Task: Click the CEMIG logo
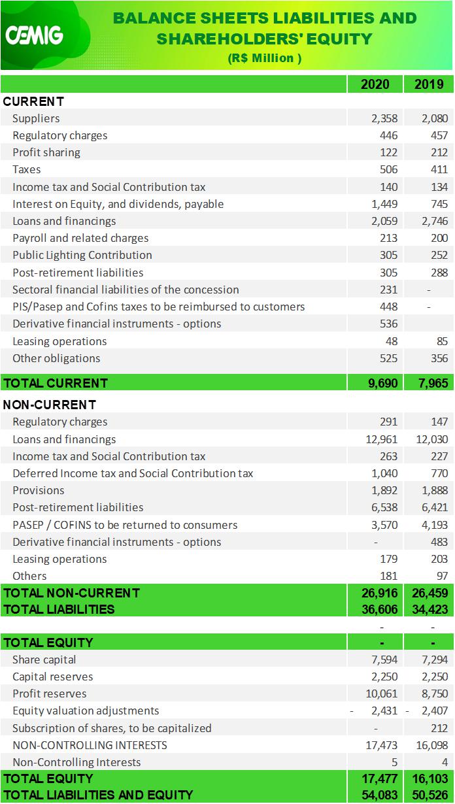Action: [x=35, y=35]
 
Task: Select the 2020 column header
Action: [x=375, y=84]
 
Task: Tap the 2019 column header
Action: [x=429, y=84]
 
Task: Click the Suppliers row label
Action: [x=36, y=118]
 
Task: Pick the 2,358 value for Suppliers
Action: [x=384, y=118]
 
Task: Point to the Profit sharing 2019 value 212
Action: [x=439, y=152]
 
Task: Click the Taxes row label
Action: [x=27, y=169]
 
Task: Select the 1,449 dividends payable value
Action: [x=384, y=204]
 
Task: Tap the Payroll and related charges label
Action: [x=80, y=238]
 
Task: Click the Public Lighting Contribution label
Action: [x=82, y=255]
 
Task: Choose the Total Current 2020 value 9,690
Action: [x=383, y=383]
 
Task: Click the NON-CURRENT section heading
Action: [x=50, y=405]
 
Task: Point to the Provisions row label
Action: [x=39, y=490]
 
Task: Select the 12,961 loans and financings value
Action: [x=381, y=439]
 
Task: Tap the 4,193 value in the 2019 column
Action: [x=435, y=525]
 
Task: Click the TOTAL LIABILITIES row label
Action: [x=59, y=609]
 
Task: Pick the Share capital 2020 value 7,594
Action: [x=384, y=660]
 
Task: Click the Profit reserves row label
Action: [x=50, y=694]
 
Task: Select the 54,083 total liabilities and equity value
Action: [x=380, y=795]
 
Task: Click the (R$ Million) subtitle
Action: [x=265, y=58]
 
